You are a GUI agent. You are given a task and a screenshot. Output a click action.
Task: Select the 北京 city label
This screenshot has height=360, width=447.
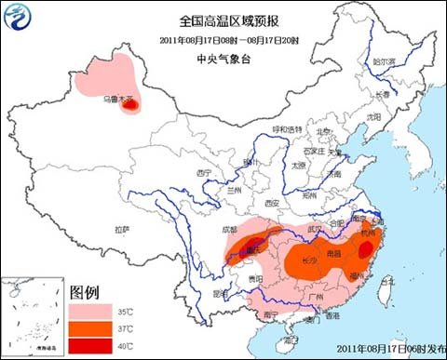pos(323,131)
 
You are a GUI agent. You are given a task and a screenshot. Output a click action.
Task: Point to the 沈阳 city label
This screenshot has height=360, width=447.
pos(374,117)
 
